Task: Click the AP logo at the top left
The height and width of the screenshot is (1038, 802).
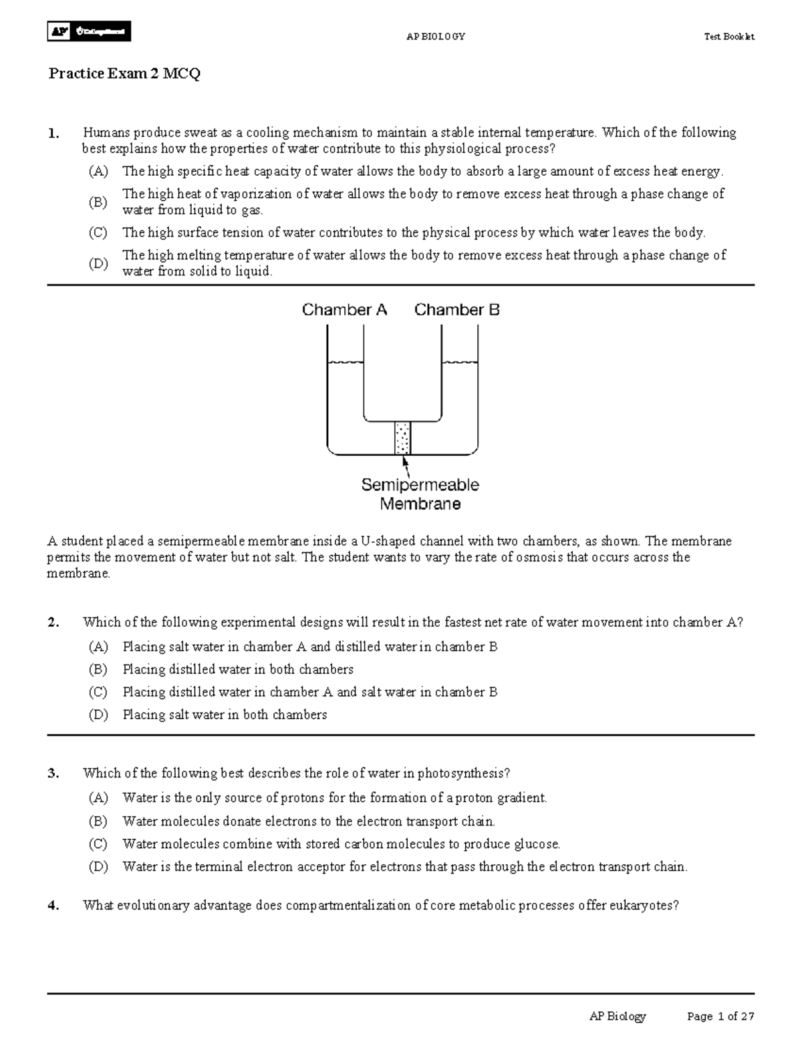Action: click(88, 31)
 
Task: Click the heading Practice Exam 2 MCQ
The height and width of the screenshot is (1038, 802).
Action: click(124, 74)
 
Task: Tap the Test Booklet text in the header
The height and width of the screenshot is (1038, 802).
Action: click(728, 37)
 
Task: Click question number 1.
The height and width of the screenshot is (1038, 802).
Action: click(53, 133)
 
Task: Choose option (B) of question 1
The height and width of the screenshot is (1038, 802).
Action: click(98, 202)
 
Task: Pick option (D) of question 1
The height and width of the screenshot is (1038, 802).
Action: click(98, 263)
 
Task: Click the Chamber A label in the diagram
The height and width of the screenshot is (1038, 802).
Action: click(344, 310)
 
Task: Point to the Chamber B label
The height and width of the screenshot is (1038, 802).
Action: click(456, 310)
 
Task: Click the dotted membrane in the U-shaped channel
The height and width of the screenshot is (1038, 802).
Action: click(402, 438)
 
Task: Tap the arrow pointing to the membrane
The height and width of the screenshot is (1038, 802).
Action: click(405, 464)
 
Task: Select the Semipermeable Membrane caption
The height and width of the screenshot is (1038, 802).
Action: click(420, 494)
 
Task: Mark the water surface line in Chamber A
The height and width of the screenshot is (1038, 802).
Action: click(345, 362)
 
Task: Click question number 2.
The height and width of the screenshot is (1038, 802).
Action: click(53, 623)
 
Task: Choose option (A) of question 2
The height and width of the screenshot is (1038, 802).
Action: click(98, 647)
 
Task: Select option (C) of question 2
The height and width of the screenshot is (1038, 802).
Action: click(98, 692)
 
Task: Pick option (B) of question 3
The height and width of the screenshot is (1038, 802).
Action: click(98, 821)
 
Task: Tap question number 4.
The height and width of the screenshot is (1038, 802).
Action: click(53, 906)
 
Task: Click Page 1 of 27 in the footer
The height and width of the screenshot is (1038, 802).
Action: click(720, 1017)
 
